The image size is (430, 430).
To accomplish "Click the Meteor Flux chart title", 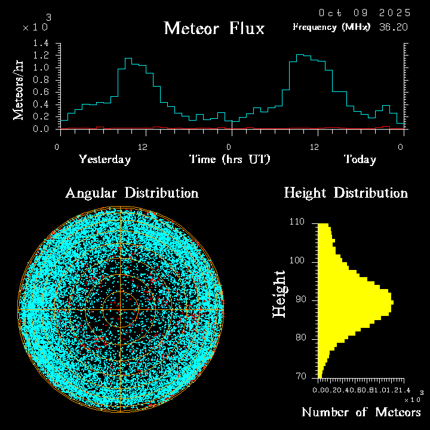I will (x=214, y=29).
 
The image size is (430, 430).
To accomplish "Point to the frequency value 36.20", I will (x=395, y=27).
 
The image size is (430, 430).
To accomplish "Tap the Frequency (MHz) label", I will (x=331, y=27).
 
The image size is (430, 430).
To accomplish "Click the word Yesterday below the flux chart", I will (x=105, y=159).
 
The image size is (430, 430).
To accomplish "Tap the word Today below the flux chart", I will (x=360, y=159).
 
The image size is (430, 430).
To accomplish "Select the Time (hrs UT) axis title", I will (x=230, y=159).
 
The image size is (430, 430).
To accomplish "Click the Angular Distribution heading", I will (x=132, y=193).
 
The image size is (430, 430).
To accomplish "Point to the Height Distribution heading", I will (x=346, y=193).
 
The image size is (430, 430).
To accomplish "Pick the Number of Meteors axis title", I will (x=361, y=412).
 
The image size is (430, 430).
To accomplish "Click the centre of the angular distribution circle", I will (x=121, y=309).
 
